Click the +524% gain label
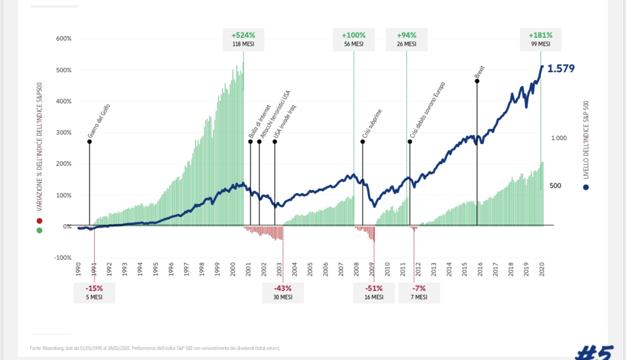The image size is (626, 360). point(243,34)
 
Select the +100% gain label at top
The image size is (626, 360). point(354,34)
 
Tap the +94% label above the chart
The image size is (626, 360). point(406,34)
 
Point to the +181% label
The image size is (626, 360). point(540,34)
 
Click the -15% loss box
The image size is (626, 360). point(94,289)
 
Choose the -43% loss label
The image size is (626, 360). point(283,289)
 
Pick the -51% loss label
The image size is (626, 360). point(373,289)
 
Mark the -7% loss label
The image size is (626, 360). point(419,289)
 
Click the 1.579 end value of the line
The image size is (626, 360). point(561,69)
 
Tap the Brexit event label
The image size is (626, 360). point(480,73)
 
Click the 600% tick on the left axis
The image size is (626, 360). point(63,39)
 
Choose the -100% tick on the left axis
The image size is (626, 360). point(63,258)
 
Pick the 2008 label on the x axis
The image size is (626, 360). point(357,269)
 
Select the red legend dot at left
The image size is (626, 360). point(40,221)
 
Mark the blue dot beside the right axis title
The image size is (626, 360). point(585,187)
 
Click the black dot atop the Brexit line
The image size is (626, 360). point(477,81)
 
